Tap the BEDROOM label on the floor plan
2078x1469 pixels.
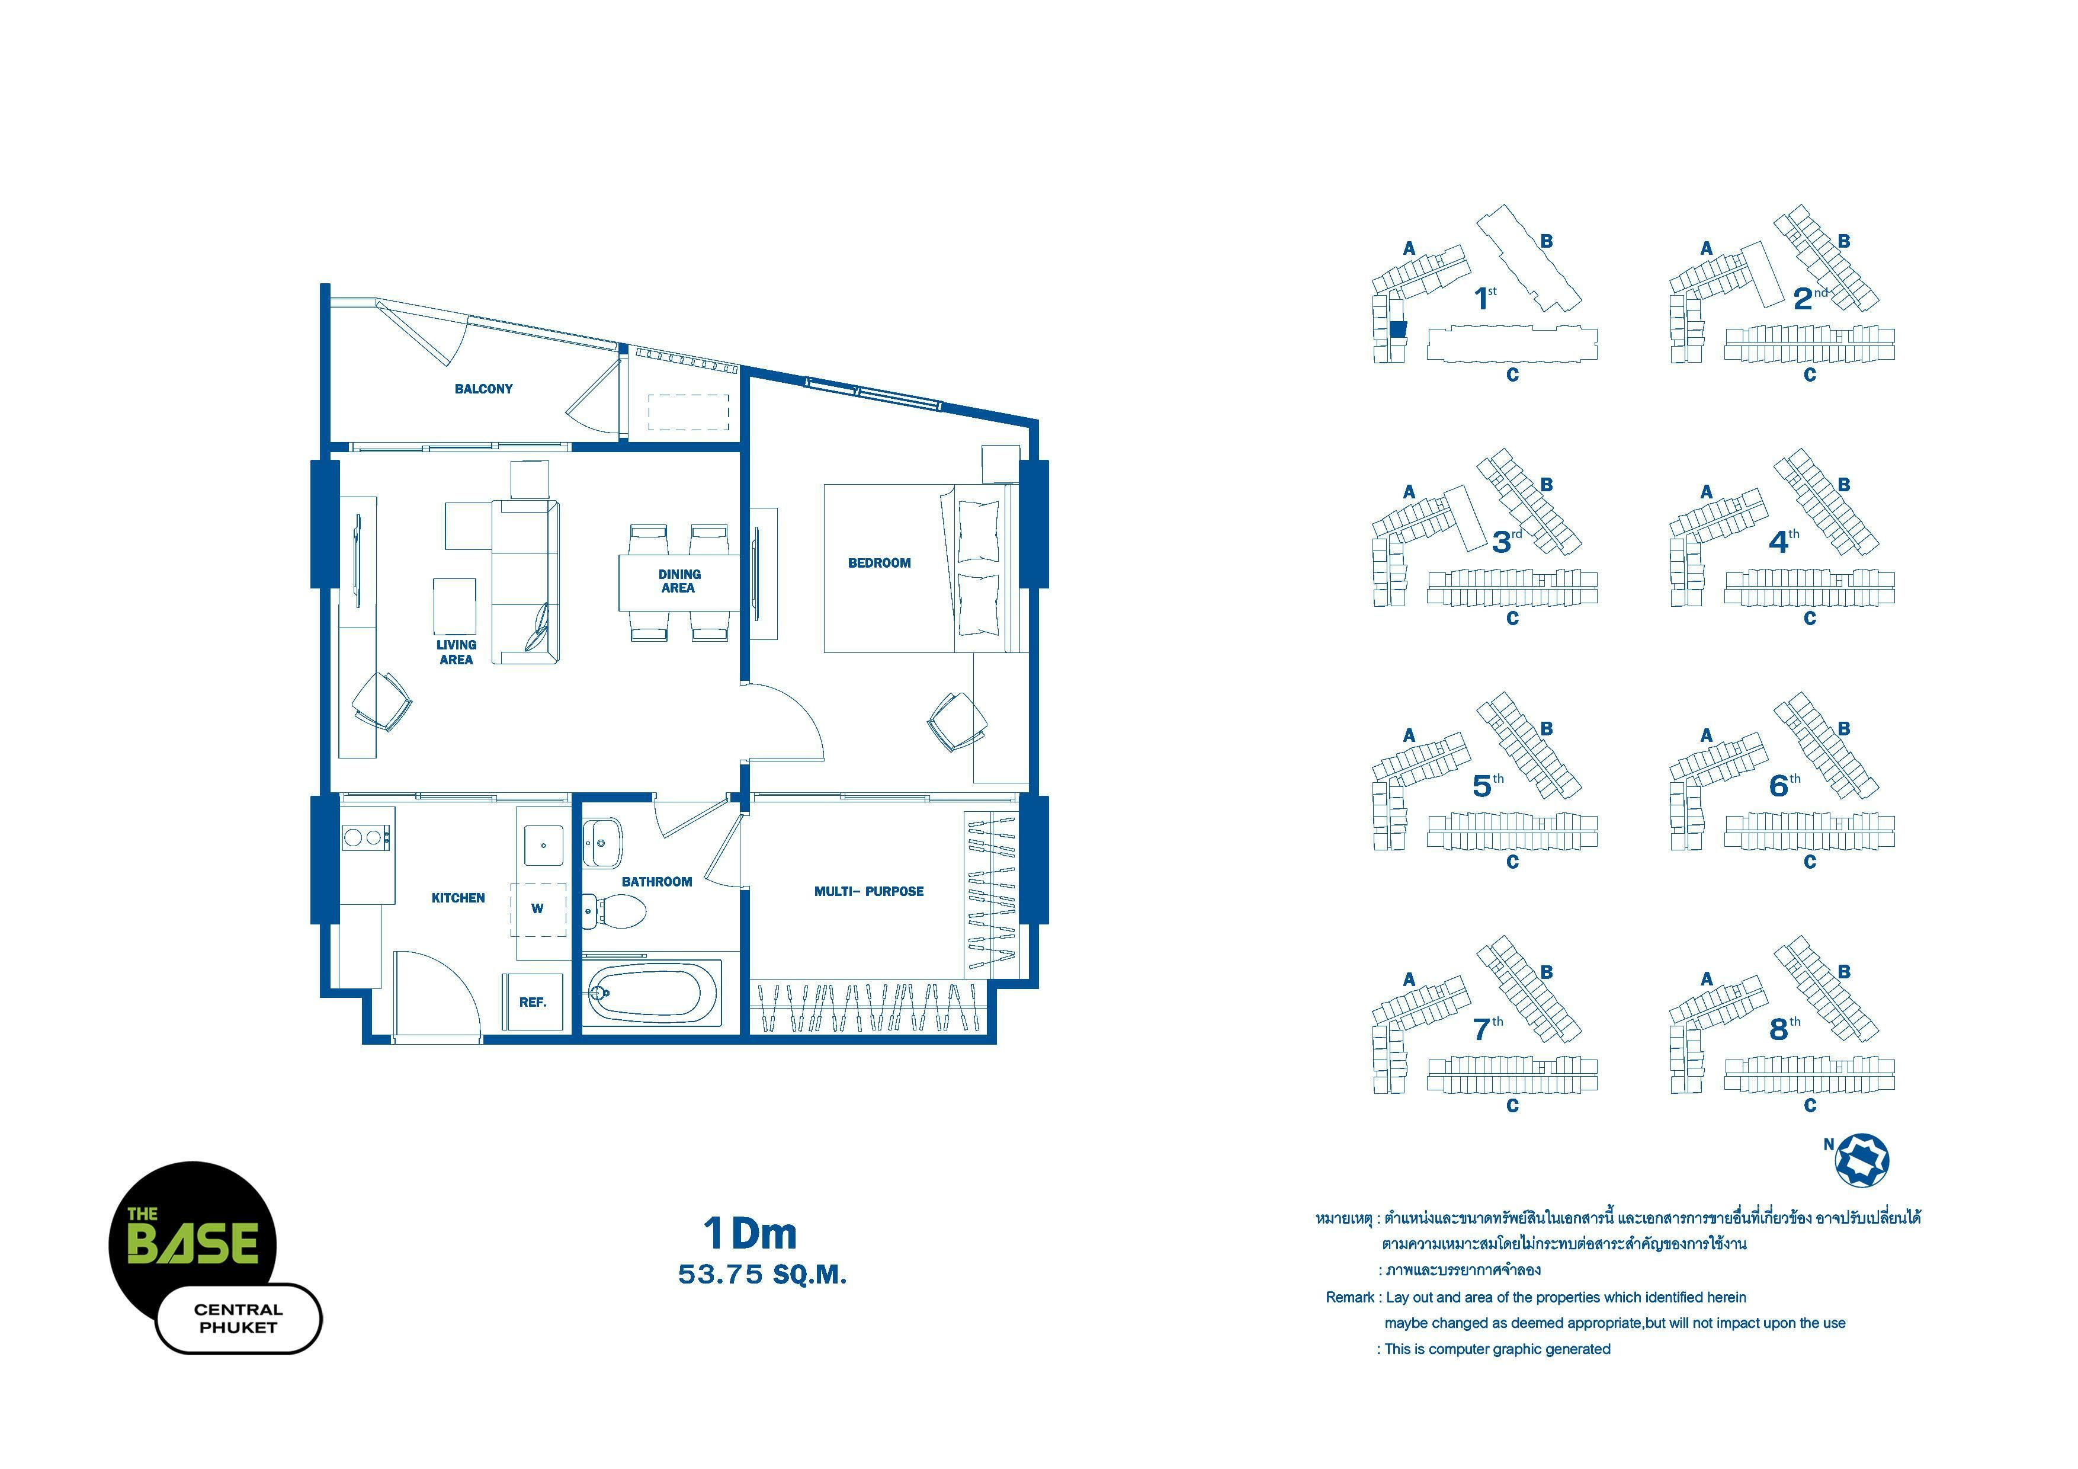(x=879, y=563)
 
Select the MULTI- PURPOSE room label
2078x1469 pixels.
(x=869, y=892)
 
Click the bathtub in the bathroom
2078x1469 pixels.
(x=651, y=993)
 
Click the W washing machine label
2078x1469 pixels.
(x=538, y=909)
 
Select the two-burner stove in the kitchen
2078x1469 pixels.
(x=365, y=838)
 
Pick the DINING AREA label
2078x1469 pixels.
(x=679, y=581)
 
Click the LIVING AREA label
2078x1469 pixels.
(x=456, y=652)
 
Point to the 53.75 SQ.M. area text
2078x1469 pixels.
(x=762, y=1275)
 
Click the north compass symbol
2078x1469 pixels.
(x=1862, y=1160)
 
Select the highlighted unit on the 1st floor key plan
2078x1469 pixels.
(x=1399, y=329)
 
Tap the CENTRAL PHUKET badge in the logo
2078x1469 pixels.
(x=239, y=1318)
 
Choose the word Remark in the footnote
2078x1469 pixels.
(x=1349, y=1297)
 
